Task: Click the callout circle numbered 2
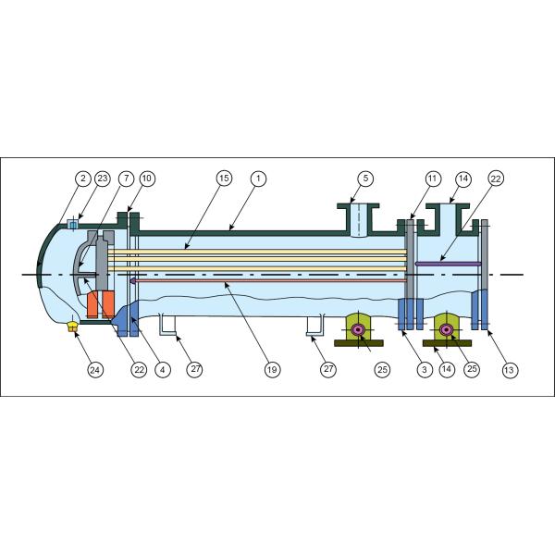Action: pos(82,178)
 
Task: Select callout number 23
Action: pos(102,178)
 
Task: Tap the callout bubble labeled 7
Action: pos(126,178)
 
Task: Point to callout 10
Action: pos(148,178)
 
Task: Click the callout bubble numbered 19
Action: pos(271,370)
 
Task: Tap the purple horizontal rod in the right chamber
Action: pos(448,264)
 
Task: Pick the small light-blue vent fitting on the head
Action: pos(73,225)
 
